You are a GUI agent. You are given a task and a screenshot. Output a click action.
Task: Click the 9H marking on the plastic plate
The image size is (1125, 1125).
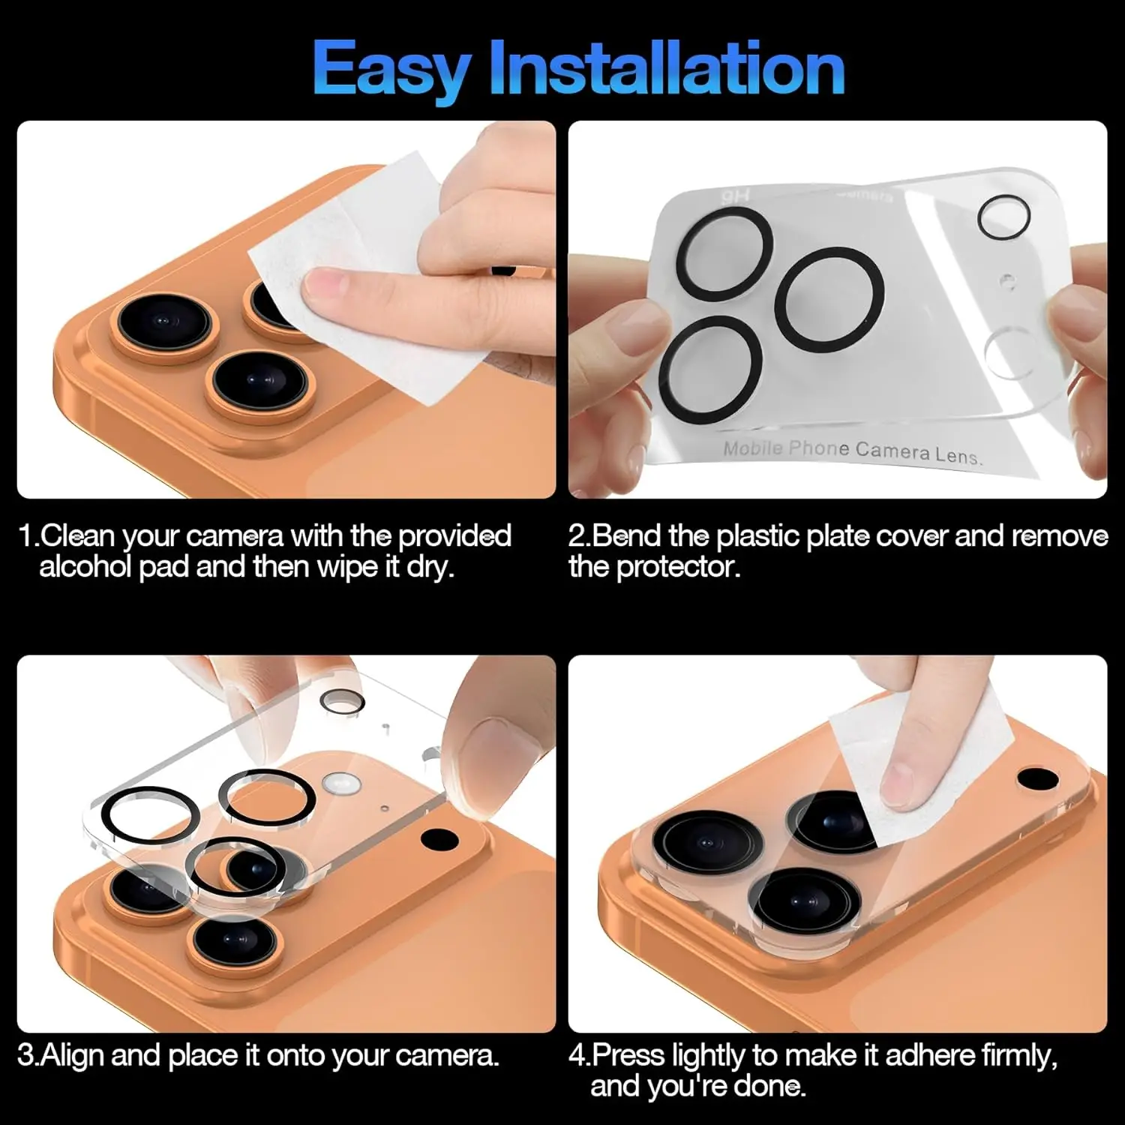click(735, 196)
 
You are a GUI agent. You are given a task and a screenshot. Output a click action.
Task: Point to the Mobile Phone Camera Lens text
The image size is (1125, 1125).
click(852, 451)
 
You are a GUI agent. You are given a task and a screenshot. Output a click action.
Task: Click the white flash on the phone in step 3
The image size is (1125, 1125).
click(338, 784)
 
